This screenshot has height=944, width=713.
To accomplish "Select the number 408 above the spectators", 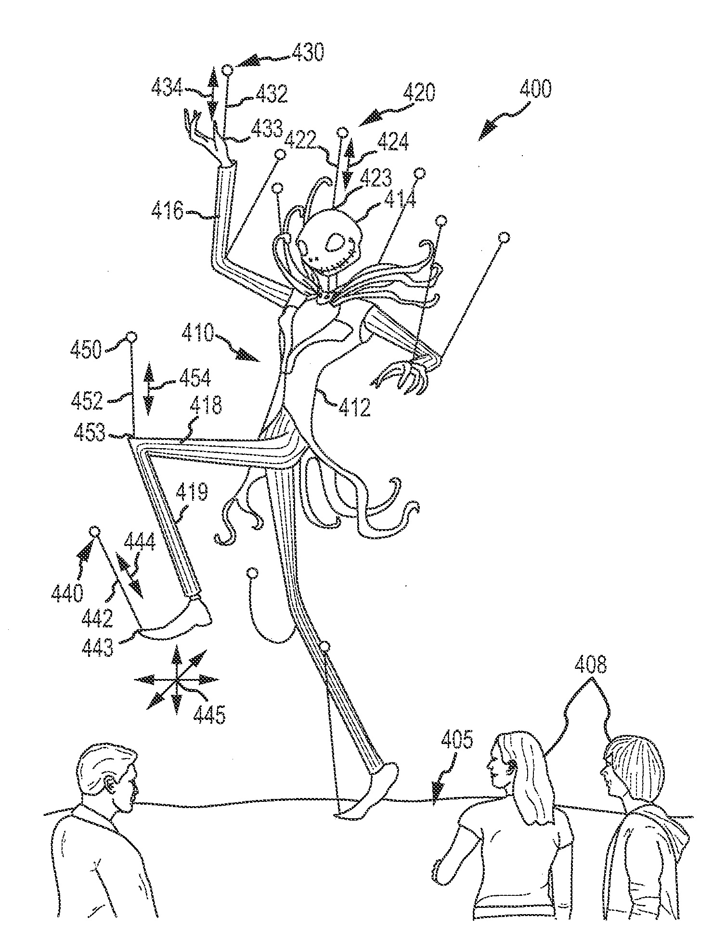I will tap(591, 666).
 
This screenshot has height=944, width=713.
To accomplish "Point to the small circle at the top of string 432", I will tap(228, 71).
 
